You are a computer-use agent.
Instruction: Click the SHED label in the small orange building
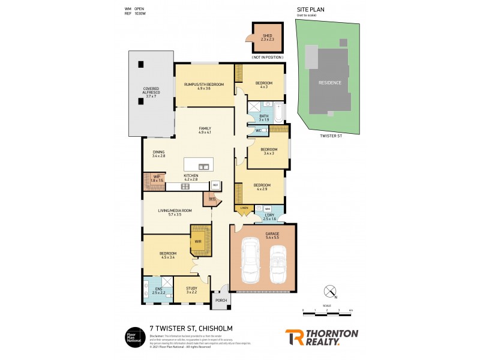(x=268, y=37)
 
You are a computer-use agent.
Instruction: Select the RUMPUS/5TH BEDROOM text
(x=204, y=86)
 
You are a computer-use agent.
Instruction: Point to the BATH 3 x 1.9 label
(x=264, y=118)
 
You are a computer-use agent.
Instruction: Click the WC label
(x=258, y=131)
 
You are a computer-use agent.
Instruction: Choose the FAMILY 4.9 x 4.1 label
(x=205, y=130)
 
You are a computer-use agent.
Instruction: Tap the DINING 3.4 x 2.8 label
(x=158, y=154)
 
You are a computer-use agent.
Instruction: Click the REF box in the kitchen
(x=215, y=185)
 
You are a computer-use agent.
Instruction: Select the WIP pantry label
(x=156, y=178)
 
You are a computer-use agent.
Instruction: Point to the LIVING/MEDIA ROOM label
(x=175, y=212)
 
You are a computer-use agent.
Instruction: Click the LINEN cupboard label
(x=244, y=208)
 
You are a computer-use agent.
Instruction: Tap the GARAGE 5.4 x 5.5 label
(x=263, y=236)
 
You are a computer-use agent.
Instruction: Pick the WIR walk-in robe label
(x=197, y=241)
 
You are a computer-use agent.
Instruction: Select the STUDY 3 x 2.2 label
(x=191, y=290)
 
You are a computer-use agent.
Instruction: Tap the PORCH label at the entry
(x=220, y=300)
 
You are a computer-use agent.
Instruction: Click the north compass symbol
(x=329, y=292)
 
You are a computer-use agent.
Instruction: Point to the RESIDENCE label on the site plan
(x=329, y=83)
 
